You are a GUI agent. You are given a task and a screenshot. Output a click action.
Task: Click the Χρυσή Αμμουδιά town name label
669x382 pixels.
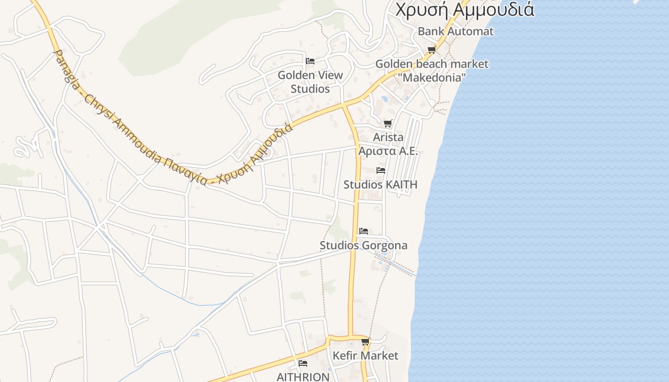point(464,9)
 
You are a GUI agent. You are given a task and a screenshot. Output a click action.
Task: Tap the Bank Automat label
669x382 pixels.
point(455,32)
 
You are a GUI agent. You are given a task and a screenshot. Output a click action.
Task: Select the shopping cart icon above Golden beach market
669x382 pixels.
point(432,50)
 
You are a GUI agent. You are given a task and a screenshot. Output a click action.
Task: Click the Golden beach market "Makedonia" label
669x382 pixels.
point(432,70)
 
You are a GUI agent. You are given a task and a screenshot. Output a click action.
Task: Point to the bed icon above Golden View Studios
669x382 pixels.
point(310,61)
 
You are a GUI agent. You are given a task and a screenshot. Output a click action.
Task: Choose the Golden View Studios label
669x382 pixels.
point(310,82)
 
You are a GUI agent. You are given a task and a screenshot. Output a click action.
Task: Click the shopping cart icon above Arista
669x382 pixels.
point(388,124)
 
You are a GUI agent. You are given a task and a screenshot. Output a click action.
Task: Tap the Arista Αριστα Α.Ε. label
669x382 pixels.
point(388,144)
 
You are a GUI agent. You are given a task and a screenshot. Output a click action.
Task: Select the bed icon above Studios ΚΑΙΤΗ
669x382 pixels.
point(381,170)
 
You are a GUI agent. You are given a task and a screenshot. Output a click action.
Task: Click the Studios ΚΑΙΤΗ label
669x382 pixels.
point(380,184)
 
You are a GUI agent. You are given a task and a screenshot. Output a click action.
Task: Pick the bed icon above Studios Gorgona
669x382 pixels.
point(364,231)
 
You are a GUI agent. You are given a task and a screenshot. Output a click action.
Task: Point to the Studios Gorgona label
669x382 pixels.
point(364,245)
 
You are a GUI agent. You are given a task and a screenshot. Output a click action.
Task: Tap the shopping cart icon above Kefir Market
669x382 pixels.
point(365,342)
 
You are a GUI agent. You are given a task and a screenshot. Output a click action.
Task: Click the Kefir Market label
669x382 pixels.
point(365,356)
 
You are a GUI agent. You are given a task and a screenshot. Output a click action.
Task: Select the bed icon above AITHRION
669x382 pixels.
point(303,363)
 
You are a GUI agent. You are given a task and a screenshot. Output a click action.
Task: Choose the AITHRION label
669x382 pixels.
point(303,377)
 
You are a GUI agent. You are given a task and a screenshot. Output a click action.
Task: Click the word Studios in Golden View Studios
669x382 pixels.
point(310,89)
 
